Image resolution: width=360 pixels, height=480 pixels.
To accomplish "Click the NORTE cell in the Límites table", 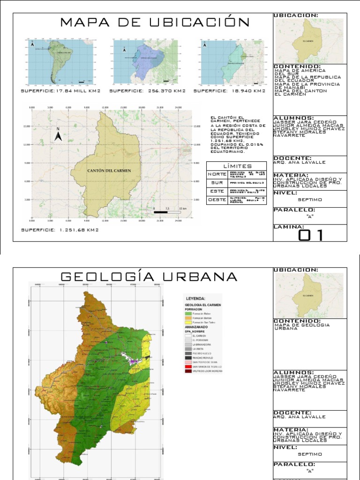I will pyautogui.click(x=214, y=174).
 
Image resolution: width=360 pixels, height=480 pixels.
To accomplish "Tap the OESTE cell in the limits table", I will pyautogui.click(x=214, y=200).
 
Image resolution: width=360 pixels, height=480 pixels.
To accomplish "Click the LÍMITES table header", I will pyautogui.click(x=237, y=166).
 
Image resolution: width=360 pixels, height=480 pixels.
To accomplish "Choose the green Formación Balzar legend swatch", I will pyautogui.click(x=188, y=313).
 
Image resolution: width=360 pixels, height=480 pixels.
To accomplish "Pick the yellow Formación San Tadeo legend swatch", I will pyautogui.click(x=188, y=323).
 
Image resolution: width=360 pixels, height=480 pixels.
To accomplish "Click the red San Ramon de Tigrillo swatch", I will pyautogui.click(x=188, y=366).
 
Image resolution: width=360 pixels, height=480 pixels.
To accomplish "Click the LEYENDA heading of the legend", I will pyautogui.click(x=196, y=298).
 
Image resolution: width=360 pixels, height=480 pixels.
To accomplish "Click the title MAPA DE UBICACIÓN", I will pyautogui.click(x=155, y=22).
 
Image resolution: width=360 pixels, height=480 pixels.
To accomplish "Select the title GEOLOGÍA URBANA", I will pyautogui.click(x=149, y=277).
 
